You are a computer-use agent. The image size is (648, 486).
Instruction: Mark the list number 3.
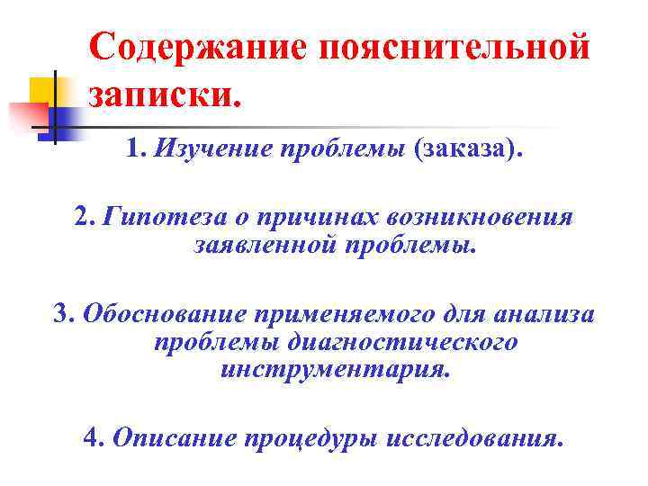[62, 315]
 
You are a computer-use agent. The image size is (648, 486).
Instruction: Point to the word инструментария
[334, 369]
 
